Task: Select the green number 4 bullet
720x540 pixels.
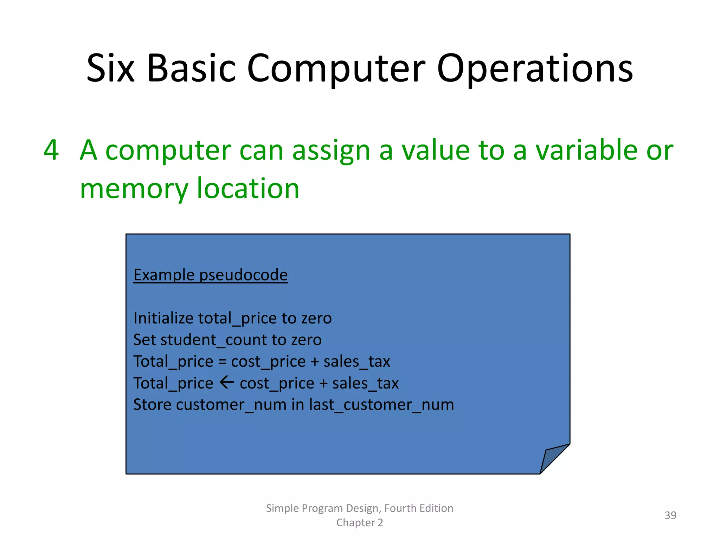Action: pyautogui.click(x=51, y=150)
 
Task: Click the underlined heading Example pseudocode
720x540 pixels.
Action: pyautogui.click(x=211, y=275)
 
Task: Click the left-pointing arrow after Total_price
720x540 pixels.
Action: pyautogui.click(x=227, y=382)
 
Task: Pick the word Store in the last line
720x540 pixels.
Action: pyautogui.click(x=153, y=405)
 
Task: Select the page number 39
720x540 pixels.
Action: pyautogui.click(x=670, y=515)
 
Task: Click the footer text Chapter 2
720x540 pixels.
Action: pyautogui.click(x=360, y=523)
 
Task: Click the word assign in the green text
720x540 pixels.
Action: pyautogui.click(x=331, y=150)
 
